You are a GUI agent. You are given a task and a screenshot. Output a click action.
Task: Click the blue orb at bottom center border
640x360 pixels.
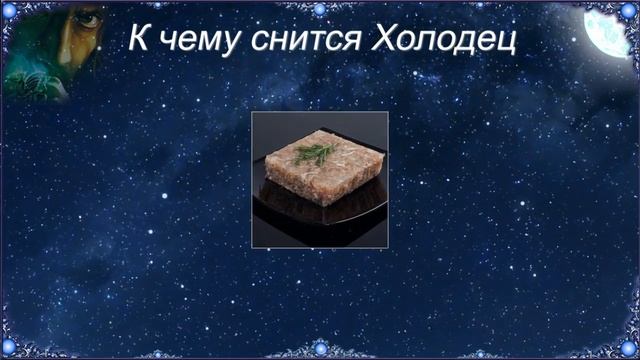click(320, 349)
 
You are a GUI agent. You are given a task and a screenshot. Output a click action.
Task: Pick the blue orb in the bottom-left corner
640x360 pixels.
click(13, 349)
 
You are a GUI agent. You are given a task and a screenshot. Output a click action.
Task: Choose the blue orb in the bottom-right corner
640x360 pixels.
click(627, 349)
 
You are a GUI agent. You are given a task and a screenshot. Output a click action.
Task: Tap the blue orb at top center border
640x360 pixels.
click(320, 9)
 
